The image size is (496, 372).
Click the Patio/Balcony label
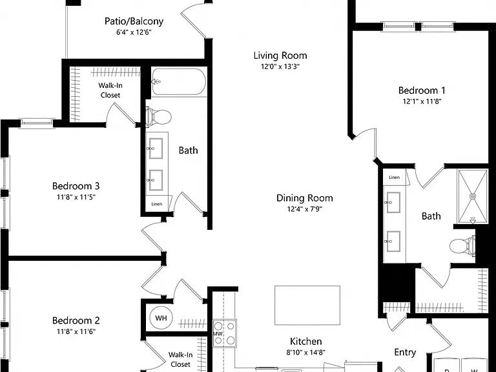coord(134,21)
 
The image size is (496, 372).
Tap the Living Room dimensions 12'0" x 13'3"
coord(280,67)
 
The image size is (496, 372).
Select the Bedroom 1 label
coord(422,90)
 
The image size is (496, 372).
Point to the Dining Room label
coord(305,198)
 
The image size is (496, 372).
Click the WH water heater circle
coord(161,318)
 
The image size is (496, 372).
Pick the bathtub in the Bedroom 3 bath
coord(179,82)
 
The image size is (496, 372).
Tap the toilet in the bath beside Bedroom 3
coord(158,117)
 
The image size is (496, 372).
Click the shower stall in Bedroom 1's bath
coord(473,196)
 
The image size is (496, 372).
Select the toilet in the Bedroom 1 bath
coord(462,246)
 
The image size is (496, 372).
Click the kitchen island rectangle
coord(307,305)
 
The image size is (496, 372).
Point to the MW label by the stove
coord(218,334)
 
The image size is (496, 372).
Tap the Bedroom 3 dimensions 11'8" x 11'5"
coord(76,198)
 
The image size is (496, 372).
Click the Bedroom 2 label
coord(76,320)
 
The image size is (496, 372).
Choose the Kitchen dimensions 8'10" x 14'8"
coord(306,353)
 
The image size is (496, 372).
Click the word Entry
coord(405,353)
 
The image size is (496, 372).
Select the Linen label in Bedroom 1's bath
coord(394,177)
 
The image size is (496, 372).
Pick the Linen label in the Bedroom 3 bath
coord(156,204)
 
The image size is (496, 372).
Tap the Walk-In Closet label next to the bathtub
coord(110,90)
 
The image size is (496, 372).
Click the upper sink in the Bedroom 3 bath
coord(155,148)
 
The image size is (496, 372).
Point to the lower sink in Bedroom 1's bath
coord(393,242)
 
